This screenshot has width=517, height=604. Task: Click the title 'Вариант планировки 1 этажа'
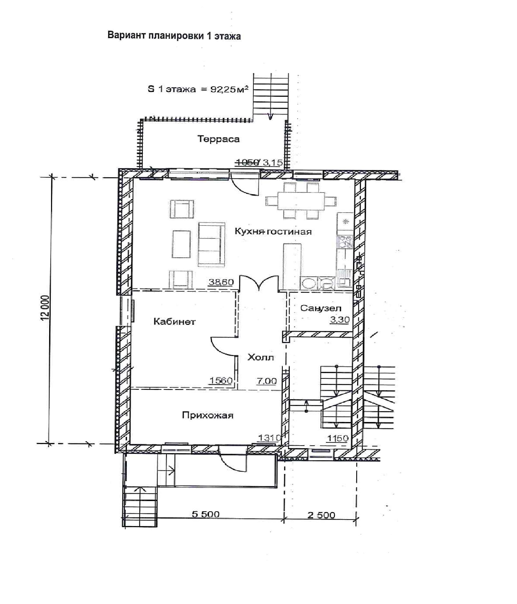click(x=174, y=36)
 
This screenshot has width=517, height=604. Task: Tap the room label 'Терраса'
click(x=218, y=139)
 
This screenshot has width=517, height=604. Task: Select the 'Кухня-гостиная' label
click(x=273, y=231)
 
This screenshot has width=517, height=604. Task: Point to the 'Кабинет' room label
click(x=174, y=321)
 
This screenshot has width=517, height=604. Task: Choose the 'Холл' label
click(x=261, y=357)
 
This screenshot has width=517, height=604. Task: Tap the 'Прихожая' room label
click(x=207, y=415)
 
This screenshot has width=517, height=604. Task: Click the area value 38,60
click(x=221, y=282)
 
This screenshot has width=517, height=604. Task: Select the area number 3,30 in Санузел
click(x=340, y=320)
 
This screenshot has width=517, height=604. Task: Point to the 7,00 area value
click(x=267, y=381)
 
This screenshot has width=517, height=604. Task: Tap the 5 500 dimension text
click(x=206, y=514)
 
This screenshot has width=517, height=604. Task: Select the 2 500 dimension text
click(x=321, y=515)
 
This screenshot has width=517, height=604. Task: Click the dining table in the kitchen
click(x=301, y=201)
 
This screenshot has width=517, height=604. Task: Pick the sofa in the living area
click(x=212, y=245)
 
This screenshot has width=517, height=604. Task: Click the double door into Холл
click(x=259, y=283)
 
